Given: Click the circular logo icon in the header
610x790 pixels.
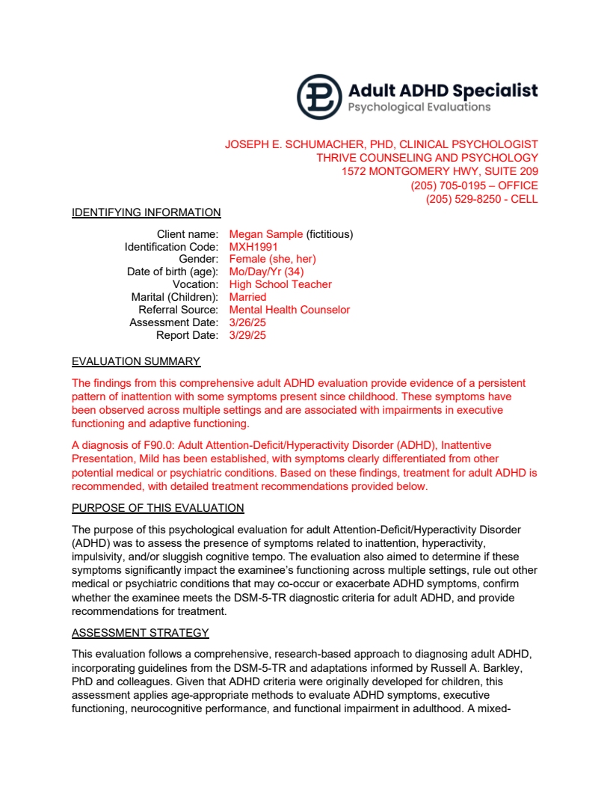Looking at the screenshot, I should click(319, 97).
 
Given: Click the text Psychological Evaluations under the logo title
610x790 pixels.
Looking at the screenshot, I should click(419, 107).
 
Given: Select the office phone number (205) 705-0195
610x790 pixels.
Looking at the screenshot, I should click(445, 186).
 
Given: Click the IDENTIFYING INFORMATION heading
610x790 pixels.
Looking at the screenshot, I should click(147, 212).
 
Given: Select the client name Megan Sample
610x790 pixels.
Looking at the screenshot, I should click(266, 234).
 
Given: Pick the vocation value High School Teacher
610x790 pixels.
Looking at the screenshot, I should click(280, 284).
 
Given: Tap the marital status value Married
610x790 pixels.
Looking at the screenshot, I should click(247, 297).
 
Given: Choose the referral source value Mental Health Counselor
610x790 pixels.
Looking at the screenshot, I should click(289, 310).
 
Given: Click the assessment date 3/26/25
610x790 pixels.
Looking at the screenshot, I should click(247, 322).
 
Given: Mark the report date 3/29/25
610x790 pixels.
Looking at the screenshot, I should click(247, 335).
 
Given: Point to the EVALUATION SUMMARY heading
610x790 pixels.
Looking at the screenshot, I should click(136, 362).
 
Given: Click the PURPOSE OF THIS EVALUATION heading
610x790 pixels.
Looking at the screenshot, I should click(158, 509).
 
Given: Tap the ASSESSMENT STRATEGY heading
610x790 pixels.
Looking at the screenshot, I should click(141, 634).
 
